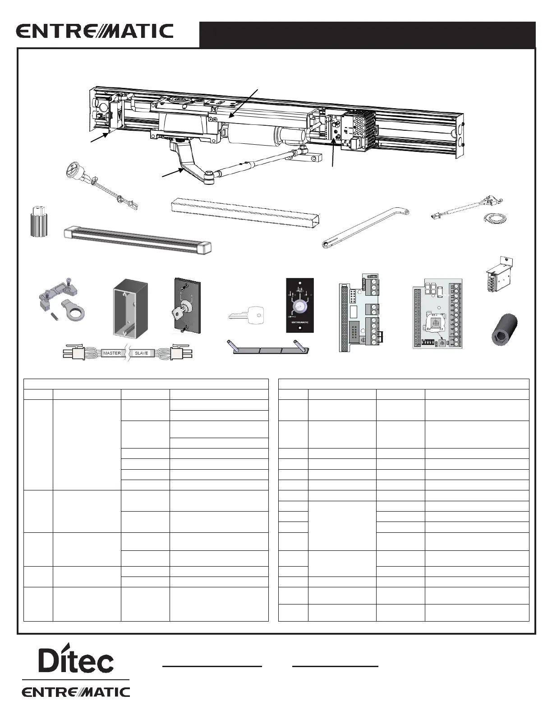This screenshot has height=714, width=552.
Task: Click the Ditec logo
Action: point(76,661)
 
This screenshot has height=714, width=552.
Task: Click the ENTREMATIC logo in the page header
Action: point(95,31)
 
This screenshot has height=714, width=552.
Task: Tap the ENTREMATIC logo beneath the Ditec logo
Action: point(76,692)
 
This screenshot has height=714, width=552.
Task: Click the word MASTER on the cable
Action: point(112,353)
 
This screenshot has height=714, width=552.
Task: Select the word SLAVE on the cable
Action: point(141,353)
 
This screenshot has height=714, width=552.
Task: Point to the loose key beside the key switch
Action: point(246,314)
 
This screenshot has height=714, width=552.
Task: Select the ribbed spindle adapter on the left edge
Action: point(38,222)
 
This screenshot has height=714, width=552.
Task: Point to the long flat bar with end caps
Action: point(138,239)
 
